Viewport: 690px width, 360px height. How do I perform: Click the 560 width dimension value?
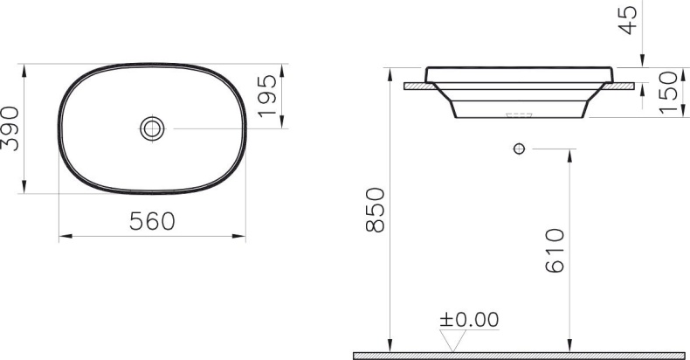(x=152, y=222)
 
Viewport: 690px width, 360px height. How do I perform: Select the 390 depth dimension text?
(x=10, y=128)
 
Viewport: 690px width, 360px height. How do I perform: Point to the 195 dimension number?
(x=268, y=96)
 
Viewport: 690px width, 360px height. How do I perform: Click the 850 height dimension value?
(x=374, y=210)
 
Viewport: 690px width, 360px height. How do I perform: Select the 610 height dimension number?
(x=555, y=252)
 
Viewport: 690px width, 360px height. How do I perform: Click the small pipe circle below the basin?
(x=519, y=149)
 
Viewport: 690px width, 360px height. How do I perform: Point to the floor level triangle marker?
(x=452, y=342)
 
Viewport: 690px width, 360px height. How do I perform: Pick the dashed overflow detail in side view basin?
(x=519, y=114)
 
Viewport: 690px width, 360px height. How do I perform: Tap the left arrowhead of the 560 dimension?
(x=64, y=236)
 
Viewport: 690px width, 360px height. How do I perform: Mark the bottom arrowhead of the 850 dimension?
(x=386, y=347)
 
